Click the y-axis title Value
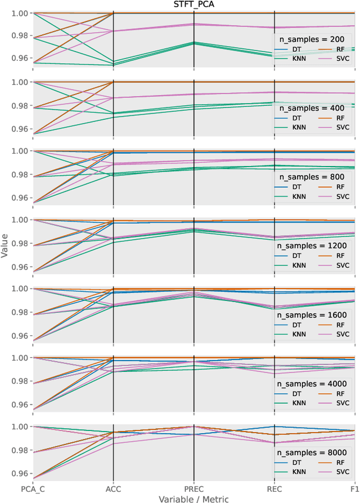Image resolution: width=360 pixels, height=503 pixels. [5, 248]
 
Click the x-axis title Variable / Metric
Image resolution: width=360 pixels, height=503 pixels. [193, 498]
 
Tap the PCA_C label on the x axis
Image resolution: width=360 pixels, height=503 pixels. [33, 489]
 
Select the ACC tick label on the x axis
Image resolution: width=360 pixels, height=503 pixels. [114, 489]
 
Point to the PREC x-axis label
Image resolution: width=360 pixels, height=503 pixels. [193, 489]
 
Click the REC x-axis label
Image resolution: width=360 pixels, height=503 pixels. [274, 489]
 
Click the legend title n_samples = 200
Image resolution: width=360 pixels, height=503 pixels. [313, 39]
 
